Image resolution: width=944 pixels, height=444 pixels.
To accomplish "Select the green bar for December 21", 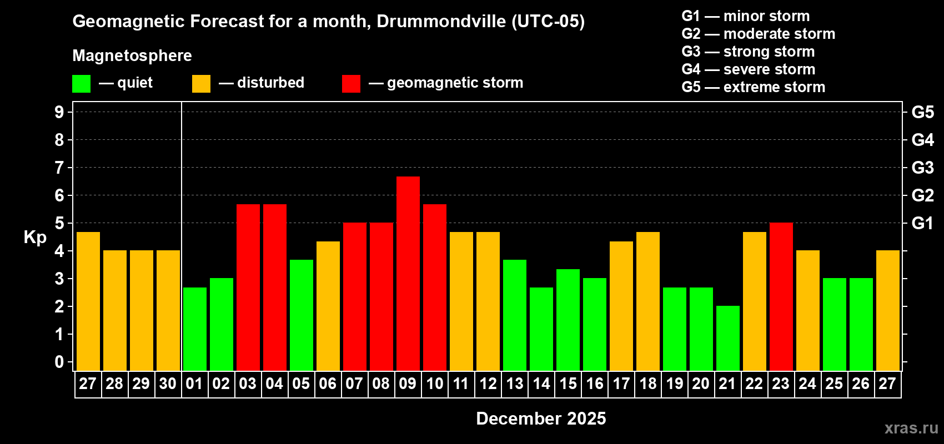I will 728,338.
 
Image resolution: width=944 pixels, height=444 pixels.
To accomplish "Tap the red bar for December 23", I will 781,296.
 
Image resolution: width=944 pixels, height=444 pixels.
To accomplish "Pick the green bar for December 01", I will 195,329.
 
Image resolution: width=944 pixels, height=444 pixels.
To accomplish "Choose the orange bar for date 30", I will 168,310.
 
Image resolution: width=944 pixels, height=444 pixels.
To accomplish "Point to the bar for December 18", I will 648,301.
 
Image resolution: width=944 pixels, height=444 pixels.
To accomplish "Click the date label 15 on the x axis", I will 568,384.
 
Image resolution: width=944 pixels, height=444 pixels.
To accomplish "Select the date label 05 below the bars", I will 301,384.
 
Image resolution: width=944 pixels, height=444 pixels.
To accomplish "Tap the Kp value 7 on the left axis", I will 59,168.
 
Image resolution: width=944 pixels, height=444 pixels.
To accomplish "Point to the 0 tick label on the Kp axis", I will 59,362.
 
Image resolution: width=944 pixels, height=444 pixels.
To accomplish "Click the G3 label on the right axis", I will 922,168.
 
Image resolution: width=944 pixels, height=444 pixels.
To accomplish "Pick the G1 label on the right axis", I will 922,223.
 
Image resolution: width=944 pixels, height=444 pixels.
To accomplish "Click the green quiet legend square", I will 82,84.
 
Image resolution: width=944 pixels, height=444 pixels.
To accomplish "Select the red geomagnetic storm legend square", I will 351,84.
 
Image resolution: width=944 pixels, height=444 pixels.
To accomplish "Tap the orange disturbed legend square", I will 201,84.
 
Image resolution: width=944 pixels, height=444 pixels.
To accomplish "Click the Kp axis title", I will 35,237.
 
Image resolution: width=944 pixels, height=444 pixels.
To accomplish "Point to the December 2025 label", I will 541,418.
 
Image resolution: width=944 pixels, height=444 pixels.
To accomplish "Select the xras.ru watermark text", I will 911,428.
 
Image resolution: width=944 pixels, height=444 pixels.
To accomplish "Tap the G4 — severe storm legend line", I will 748,69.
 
